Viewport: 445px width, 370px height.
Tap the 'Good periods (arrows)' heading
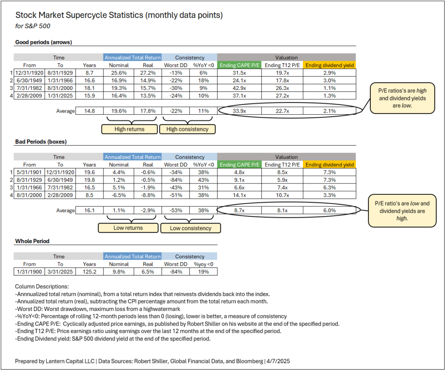coord(43,42)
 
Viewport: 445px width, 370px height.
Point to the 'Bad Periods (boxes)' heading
coord(41,142)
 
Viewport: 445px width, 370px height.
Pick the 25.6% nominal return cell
coord(119,72)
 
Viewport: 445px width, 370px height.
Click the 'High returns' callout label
coord(129,129)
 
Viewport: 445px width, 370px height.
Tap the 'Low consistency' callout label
coord(190,228)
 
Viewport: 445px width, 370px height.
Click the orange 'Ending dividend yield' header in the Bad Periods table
coord(329,165)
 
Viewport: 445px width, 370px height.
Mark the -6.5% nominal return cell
coord(119,195)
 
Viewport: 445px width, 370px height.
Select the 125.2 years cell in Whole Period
coord(90,272)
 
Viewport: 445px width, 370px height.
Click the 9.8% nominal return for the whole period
coord(119,272)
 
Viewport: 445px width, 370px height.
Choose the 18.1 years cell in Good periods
coord(90,88)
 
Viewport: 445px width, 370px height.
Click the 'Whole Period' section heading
coord(32,241)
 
